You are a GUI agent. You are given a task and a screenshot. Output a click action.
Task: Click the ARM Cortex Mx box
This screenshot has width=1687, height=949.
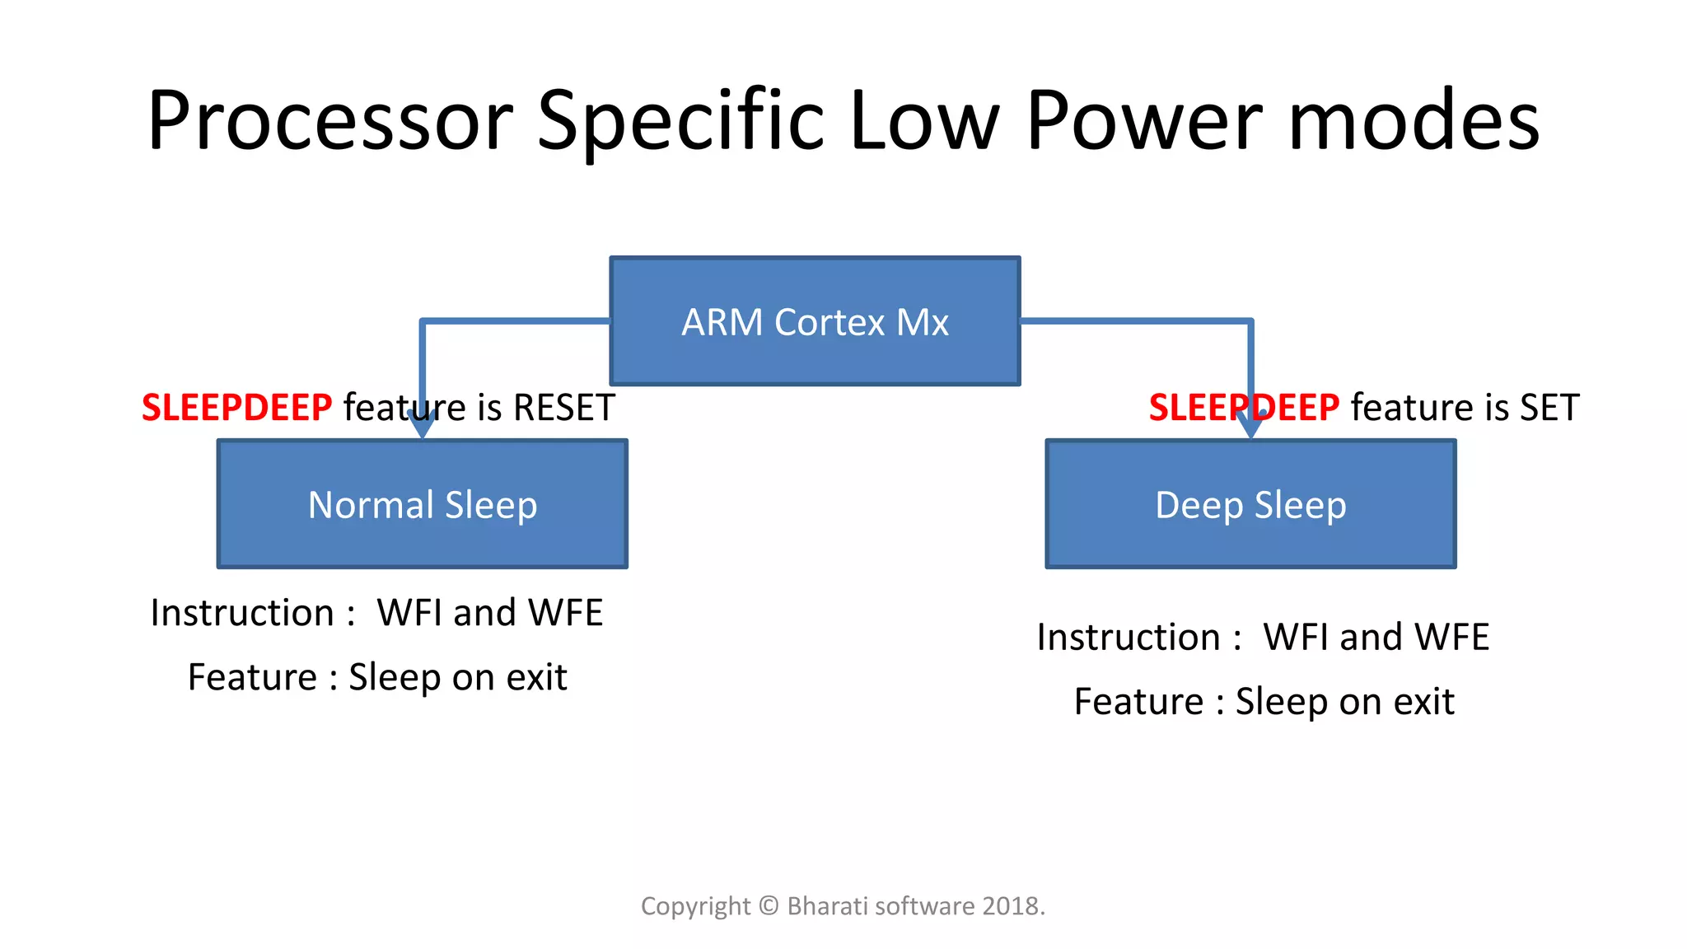[815, 321]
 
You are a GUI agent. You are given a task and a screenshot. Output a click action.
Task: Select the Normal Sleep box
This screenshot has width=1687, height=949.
[422, 504]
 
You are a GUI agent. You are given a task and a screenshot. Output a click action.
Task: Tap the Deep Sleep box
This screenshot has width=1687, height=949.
[1250, 504]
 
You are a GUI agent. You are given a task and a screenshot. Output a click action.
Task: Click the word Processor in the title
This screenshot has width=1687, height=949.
[329, 121]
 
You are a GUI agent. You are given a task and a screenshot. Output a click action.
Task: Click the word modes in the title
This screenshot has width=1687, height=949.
[1414, 121]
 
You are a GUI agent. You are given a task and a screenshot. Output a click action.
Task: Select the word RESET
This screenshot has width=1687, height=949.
[563, 408]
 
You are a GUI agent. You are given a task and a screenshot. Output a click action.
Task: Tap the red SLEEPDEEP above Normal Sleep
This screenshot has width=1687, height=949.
[236, 408]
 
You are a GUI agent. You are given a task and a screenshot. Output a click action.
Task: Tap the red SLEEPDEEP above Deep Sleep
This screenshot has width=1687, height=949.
[1244, 408]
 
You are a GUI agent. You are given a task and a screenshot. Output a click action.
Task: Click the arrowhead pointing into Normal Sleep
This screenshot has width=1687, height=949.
[422, 426]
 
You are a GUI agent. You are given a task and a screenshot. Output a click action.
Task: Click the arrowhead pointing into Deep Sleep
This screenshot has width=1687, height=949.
[1250, 426]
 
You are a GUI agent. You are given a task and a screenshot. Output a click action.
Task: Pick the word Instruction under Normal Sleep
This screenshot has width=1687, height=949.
[242, 613]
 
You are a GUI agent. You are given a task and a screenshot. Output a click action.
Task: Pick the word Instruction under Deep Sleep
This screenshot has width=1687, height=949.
[1129, 638]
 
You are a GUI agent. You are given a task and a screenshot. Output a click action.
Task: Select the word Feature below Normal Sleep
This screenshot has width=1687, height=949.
[252, 677]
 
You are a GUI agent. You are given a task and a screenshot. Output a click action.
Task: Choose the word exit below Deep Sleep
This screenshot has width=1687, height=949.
[1423, 702]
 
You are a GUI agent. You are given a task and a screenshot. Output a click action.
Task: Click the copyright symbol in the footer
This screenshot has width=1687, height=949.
[768, 906]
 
